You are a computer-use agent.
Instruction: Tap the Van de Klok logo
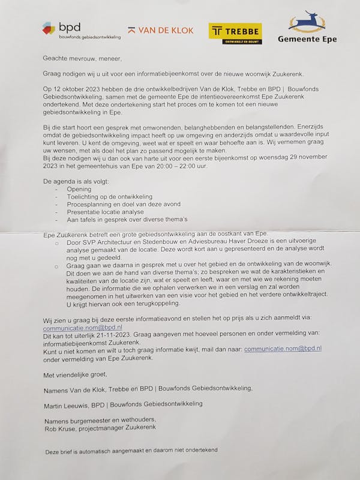[x=161, y=30]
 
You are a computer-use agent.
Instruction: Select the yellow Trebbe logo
[x=235, y=33]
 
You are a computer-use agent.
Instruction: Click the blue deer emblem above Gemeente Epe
[x=307, y=21]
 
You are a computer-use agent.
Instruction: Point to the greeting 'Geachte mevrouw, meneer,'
[x=82, y=59]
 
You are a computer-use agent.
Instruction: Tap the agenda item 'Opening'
[x=79, y=189]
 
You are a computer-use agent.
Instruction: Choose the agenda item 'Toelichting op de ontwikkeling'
[x=110, y=197]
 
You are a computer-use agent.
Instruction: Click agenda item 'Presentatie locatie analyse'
[x=106, y=212]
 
